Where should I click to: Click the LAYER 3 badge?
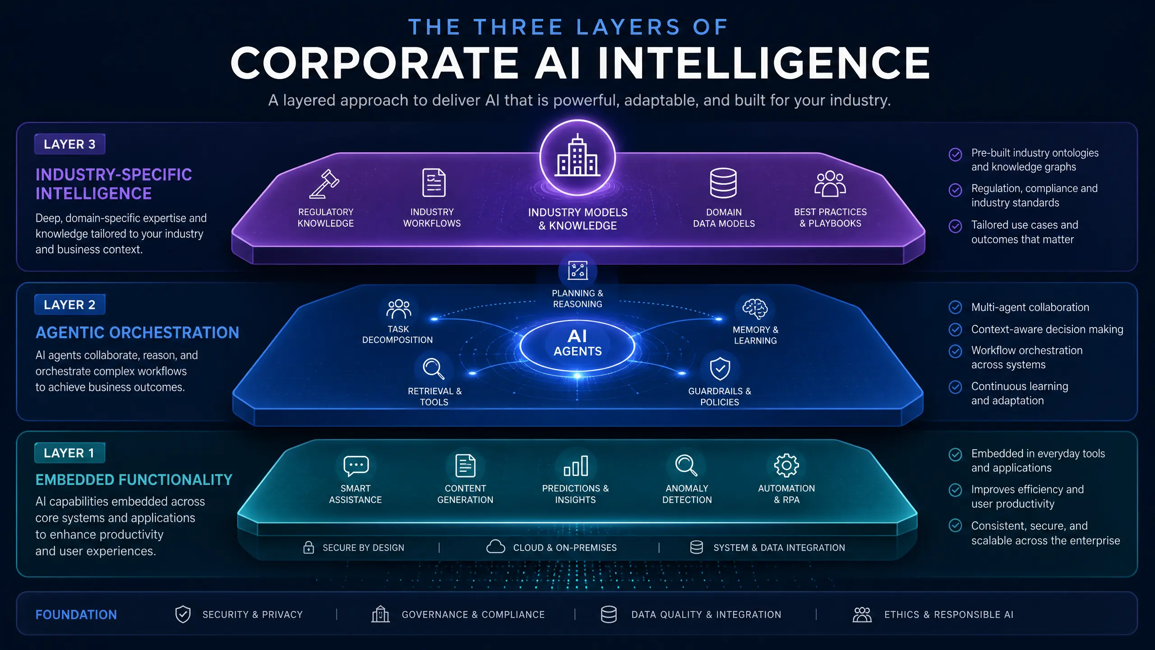(x=70, y=144)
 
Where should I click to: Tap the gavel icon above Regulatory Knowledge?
(x=325, y=184)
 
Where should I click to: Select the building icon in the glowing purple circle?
(x=577, y=155)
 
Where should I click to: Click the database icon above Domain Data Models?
(x=723, y=183)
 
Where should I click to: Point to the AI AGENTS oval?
(x=577, y=344)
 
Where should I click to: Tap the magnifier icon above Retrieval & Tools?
(x=433, y=369)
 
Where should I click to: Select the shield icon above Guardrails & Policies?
(x=720, y=369)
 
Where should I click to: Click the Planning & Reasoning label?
(x=577, y=299)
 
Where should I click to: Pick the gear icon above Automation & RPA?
(x=786, y=465)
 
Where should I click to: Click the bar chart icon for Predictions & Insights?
(x=576, y=466)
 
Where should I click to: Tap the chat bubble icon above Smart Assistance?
(x=356, y=466)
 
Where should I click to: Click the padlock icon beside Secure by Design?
(x=309, y=547)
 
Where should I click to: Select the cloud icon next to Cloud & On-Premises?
(x=495, y=547)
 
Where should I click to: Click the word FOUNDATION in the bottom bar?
(x=76, y=615)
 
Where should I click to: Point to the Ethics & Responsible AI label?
(x=949, y=615)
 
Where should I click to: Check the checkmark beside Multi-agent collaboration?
(x=955, y=307)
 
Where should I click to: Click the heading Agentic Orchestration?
(x=137, y=333)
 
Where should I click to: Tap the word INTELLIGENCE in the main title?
(x=764, y=63)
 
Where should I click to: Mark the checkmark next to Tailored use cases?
(x=955, y=226)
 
